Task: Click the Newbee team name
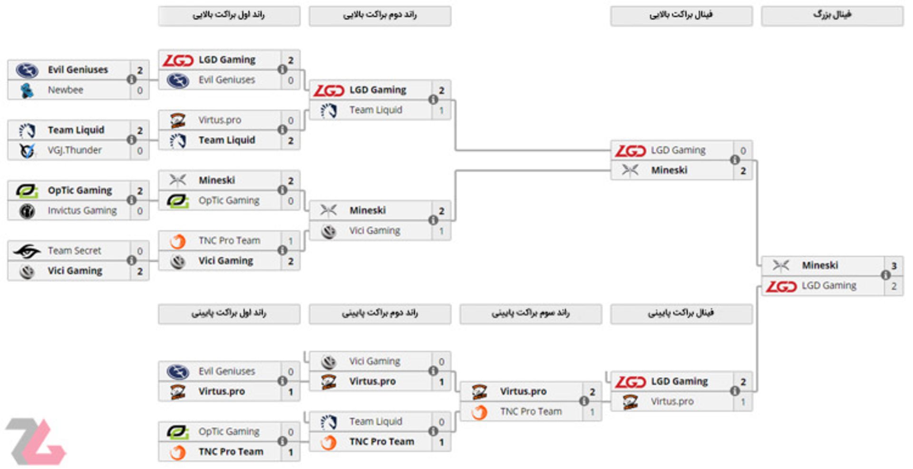pyautogui.click(x=65, y=90)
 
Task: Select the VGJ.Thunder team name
pyautogui.click(x=74, y=150)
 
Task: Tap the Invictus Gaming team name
pyautogui.click(x=82, y=210)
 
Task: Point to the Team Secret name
pyautogui.click(x=74, y=251)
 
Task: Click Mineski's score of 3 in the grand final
pyautogui.click(x=894, y=266)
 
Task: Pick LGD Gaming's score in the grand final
pyautogui.click(x=894, y=286)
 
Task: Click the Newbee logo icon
pyautogui.click(x=27, y=90)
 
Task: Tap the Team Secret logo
pyautogui.click(x=27, y=251)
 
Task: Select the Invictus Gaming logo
pyautogui.click(x=27, y=210)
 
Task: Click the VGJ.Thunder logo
pyautogui.click(x=27, y=150)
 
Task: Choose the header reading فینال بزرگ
pyautogui.click(x=832, y=15)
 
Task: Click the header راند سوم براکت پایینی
pyautogui.click(x=530, y=313)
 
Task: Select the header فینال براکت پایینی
pyautogui.click(x=681, y=313)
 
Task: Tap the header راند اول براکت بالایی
pyautogui.click(x=229, y=15)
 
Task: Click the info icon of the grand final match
pyautogui.click(x=885, y=275)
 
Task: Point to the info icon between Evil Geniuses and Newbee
pyautogui.click(x=132, y=79)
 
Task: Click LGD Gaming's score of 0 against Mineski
pyautogui.click(x=743, y=151)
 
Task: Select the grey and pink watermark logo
pyautogui.click(x=36, y=441)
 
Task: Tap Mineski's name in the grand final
pyautogui.click(x=820, y=265)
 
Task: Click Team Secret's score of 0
pyautogui.click(x=140, y=251)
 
